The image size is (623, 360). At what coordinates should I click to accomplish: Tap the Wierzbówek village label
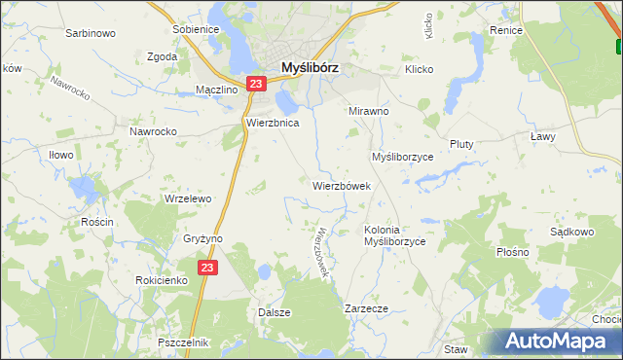(342, 185)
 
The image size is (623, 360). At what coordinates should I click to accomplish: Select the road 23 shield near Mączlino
(254, 85)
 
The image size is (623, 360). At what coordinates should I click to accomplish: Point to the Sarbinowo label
(91, 33)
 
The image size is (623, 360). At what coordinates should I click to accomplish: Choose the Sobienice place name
(196, 29)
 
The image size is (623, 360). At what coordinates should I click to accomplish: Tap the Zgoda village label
(161, 56)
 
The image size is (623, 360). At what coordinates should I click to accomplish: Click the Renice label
(507, 30)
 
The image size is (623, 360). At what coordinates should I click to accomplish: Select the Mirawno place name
(369, 111)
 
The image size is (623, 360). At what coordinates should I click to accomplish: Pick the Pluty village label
(461, 144)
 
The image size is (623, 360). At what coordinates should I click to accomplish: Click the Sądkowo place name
(571, 233)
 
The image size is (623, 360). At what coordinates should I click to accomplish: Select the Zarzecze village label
(367, 308)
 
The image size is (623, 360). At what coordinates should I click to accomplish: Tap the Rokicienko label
(162, 280)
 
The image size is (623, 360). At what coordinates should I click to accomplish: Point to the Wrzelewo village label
(188, 198)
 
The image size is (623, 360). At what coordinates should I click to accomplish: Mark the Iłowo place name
(61, 154)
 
